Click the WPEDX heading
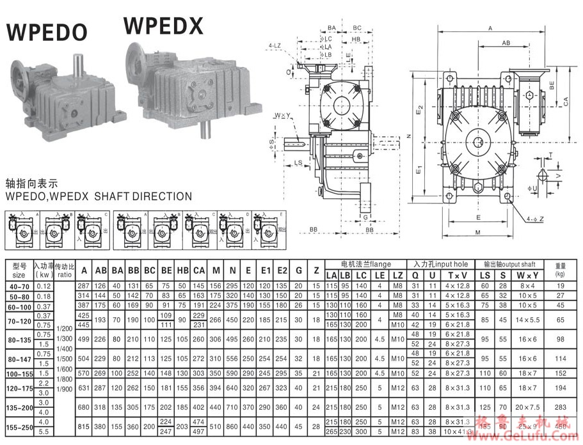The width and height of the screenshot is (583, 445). pos(163,25)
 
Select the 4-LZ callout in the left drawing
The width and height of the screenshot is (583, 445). pos(276,46)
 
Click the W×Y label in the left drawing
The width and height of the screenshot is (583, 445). pos(280,116)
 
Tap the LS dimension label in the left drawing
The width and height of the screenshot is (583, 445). pos(299,163)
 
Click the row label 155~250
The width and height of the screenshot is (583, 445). pos(19,427)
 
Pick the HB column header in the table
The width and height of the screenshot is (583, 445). pos(182,269)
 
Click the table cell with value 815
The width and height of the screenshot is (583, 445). pos(83,427)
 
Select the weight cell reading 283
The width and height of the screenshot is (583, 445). pos(560,406)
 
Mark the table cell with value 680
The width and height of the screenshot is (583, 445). pos(83,406)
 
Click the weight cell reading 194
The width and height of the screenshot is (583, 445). pos(560,387)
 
